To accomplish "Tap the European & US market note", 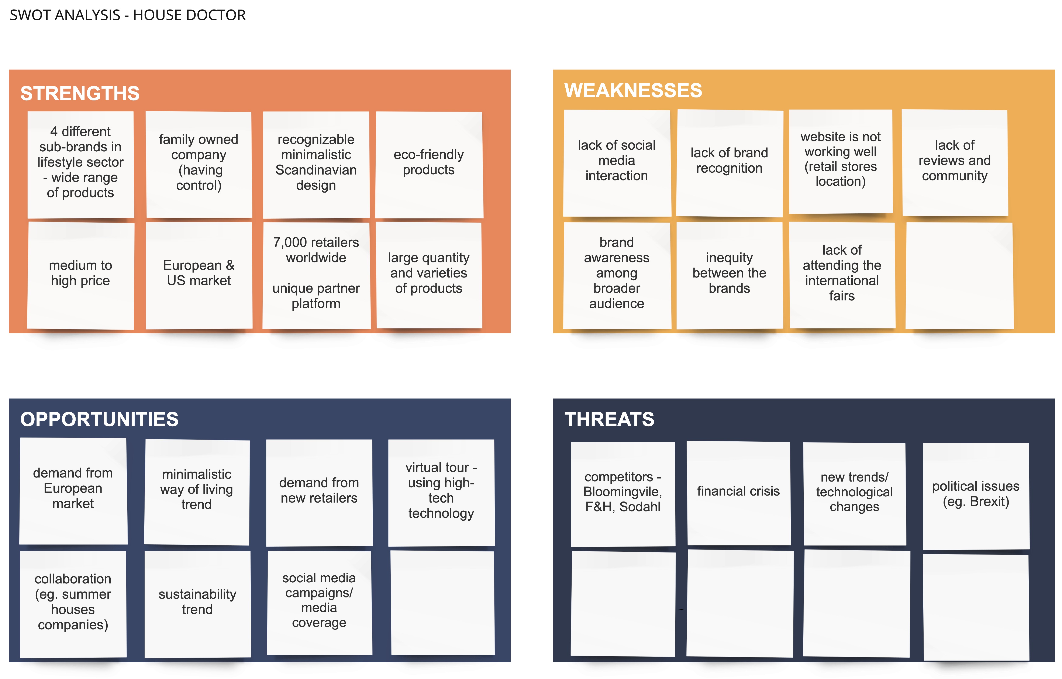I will pyautogui.click(x=199, y=273).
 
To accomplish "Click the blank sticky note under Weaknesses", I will pyautogui.click(x=959, y=276).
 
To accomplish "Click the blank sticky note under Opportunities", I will pyautogui.click(x=442, y=603).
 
